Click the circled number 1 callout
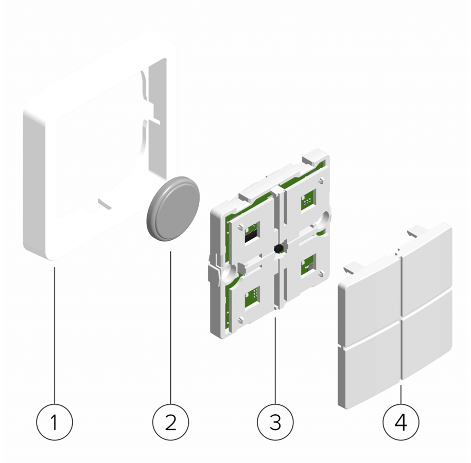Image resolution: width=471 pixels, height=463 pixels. tap(55, 422)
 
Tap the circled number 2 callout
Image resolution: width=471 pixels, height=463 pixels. tap(170, 422)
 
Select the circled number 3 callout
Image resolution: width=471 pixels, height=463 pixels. tap(275, 422)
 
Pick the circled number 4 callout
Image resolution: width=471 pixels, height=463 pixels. tap(400, 422)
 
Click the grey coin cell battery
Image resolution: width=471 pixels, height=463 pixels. tap(173, 209)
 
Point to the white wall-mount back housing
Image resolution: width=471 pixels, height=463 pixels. tap(99, 144)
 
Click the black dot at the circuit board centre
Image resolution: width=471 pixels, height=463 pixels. tap(279, 248)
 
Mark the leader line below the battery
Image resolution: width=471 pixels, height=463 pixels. tap(170, 327)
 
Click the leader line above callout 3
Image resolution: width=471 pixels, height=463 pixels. tap(275, 361)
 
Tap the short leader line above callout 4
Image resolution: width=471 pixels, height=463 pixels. tap(400, 394)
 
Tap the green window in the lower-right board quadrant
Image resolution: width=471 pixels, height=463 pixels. tap(308, 264)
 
